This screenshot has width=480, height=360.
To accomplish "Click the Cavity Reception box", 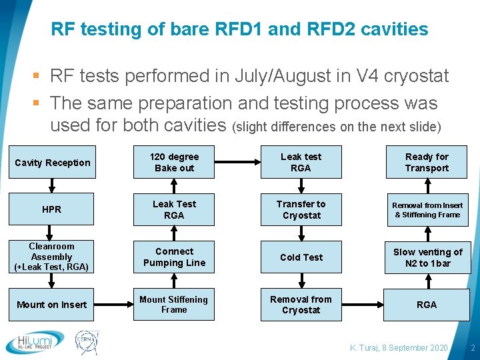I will coord(52,163).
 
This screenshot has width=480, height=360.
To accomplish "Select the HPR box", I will coord(52,209).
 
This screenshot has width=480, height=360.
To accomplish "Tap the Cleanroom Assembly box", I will coord(52,257).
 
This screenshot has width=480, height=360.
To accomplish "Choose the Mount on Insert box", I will coord(52,305).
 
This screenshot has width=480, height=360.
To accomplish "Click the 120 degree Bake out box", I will coord(174,163).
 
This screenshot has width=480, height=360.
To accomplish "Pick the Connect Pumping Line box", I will coord(174,257).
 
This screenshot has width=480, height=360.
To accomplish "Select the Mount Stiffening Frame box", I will coord(174,305).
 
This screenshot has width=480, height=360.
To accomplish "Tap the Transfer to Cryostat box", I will coord(301,210).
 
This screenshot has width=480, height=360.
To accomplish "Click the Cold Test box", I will coord(301,257).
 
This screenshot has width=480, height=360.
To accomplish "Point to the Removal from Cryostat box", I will coord(301,305).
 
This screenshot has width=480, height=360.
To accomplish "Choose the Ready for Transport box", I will coord(427,163).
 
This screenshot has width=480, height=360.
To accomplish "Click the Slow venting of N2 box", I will coord(427,257).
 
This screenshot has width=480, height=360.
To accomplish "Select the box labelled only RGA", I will coord(427,305).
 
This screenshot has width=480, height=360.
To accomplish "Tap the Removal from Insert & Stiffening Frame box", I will coord(427,210).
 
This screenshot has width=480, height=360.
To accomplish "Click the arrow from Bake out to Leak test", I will coord(238,162).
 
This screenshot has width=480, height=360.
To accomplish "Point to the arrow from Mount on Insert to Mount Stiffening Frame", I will coord(113,305).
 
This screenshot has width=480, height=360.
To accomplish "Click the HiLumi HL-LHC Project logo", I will coord(35,342).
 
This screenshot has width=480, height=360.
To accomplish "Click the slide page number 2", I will coord(472,348).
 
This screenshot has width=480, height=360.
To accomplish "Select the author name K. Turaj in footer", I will coord(368,348).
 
